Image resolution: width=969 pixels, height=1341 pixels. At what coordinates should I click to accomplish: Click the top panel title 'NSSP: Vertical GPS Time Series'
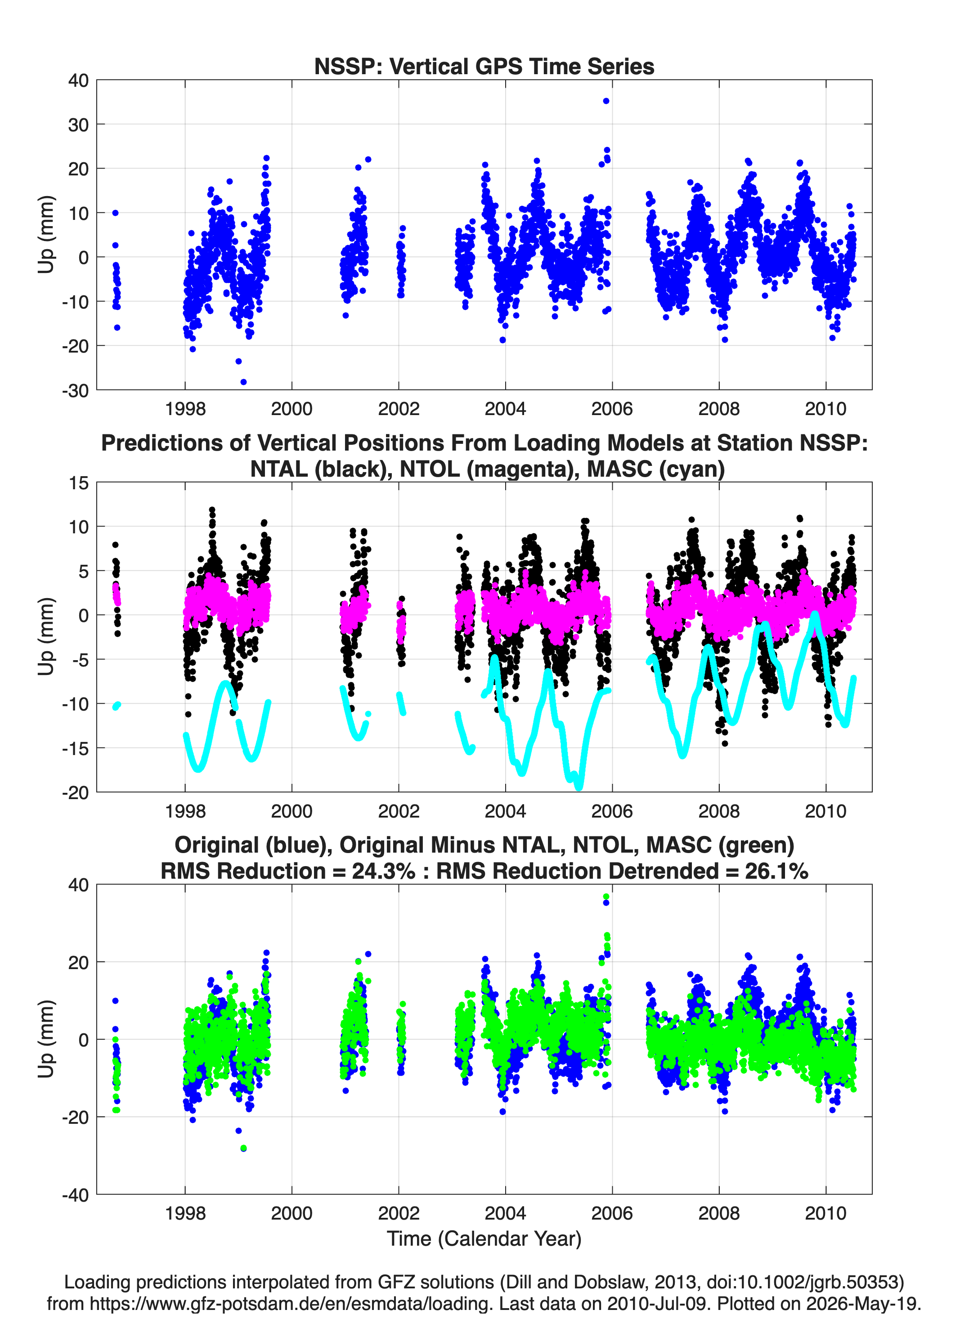(x=484, y=66)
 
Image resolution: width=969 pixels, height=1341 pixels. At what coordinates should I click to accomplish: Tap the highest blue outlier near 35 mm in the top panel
(x=606, y=101)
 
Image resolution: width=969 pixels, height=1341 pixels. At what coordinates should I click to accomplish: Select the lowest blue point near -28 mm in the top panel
(x=243, y=382)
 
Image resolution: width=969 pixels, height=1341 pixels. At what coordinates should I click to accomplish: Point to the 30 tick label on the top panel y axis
(x=78, y=125)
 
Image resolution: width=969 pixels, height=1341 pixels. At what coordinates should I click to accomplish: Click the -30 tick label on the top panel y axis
(x=75, y=390)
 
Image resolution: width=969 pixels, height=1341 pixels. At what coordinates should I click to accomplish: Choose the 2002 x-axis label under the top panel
(x=399, y=409)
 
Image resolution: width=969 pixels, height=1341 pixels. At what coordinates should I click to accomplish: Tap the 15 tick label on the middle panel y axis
(x=79, y=483)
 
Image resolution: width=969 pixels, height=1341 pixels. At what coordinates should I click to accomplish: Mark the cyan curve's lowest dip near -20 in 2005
(x=579, y=787)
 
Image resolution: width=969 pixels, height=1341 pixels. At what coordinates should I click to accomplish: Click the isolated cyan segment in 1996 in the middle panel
(x=117, y=706)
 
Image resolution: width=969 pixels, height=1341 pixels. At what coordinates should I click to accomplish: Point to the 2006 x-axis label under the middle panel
(x=612, y=811)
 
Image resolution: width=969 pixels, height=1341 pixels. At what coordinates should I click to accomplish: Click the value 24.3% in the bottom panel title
(x=383, y=871)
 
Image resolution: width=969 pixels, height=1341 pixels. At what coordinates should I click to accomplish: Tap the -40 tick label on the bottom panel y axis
(x=75, y=1195)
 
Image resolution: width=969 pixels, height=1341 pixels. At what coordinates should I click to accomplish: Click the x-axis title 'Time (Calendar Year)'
(x=484, y=1238)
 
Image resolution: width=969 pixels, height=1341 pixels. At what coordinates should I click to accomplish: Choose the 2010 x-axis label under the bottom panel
(x=826, y=1213)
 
